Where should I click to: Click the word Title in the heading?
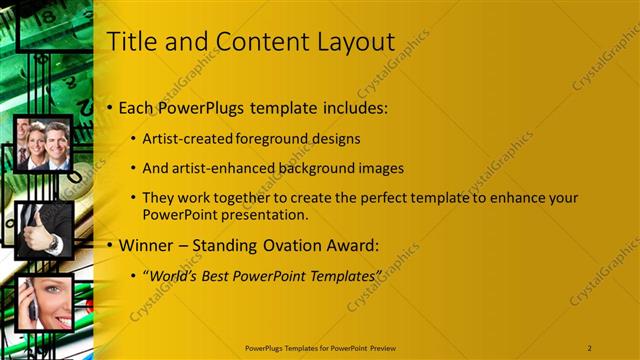[131, 42]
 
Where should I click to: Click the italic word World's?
[174, 275]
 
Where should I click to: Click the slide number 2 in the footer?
[590, 347]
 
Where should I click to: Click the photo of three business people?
[44, 145]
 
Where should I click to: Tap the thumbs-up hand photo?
[44, 229]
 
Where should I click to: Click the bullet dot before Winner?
[110, 246]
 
